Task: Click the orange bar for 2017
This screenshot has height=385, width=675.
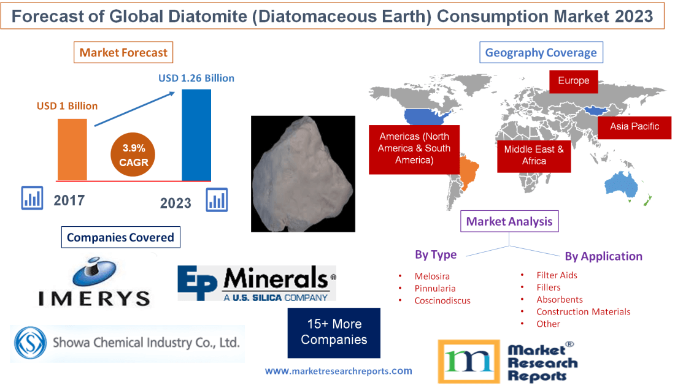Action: pyautogui.click(x=72, y=149)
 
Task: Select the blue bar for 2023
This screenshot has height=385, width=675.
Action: pyautogui.click(x=196, y=135)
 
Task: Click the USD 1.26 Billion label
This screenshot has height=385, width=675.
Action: pyautogui.click(x=196, y=78)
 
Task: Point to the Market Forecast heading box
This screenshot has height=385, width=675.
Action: pyautogui.click(x=123, y=53)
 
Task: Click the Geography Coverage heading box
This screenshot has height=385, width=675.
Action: pyautogui.click(x=541, y=53)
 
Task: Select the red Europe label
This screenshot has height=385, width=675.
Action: pyautogui.click(x=573, y=81)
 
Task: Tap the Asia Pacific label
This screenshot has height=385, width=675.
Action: pyautogui.click(x=634, y=127)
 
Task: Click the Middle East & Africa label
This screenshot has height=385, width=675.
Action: pyautogui.click(x=534, y=155)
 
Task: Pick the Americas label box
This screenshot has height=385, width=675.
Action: pyautogui.click(x=414, y=149)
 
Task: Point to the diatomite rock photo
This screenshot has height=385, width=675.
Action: pyautogui.click(x=303, y=173)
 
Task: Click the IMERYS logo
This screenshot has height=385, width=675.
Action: pyautogui.click(x=94, y=281)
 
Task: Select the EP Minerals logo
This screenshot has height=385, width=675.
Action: pyautogui.click(x=256, y=283)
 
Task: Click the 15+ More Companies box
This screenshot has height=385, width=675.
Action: pyautogui.click(x=334, y=332)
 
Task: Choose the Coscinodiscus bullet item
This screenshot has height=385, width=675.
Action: pyautogui.click(x=442, y=300)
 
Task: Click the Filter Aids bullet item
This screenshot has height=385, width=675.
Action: pyautogui.click(x=557, y=275)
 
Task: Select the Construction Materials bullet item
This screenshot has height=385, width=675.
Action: pyautogui.click(x=583, y=311)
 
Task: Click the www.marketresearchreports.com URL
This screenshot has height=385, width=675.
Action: pyautogui.click(x=339, y=371)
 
